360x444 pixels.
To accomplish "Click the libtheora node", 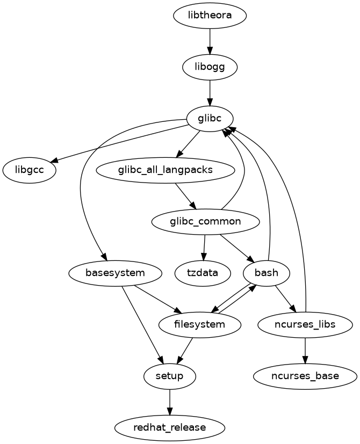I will pos(210,15).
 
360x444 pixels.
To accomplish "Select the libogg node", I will pos(210,67).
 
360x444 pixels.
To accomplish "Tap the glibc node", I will pos(210,119).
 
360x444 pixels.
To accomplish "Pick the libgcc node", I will pos(30,170).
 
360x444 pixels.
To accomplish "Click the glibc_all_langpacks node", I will pos(165,170).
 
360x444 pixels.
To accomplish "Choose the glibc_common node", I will pos(206,221).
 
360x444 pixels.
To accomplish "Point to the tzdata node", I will pos(203,273).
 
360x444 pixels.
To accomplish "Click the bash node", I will pos(267,273).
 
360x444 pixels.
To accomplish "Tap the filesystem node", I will pos(200,324).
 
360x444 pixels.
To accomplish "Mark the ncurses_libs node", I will pos(305,324).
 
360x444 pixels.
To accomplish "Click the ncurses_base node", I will pos(305,376).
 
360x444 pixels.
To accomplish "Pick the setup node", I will pos(170,376).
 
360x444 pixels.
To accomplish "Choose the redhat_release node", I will pos(170,427).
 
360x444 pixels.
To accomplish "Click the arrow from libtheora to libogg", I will pos(210,41).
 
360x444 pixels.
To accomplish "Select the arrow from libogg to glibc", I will pos(210,92).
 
